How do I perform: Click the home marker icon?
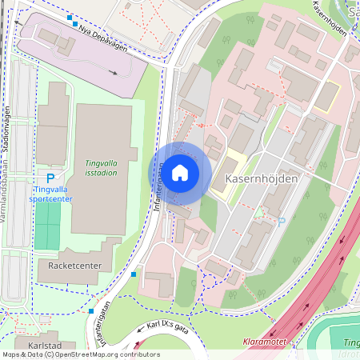pos(180,173)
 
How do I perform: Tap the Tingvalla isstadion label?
pos(101,167)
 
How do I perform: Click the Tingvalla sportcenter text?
pos(50,194)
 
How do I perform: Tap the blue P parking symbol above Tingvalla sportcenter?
pos(50,178)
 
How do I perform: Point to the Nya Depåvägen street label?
pos(104,38)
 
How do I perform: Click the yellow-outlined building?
pos(326,97)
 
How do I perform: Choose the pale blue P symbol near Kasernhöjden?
pos(281,221)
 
